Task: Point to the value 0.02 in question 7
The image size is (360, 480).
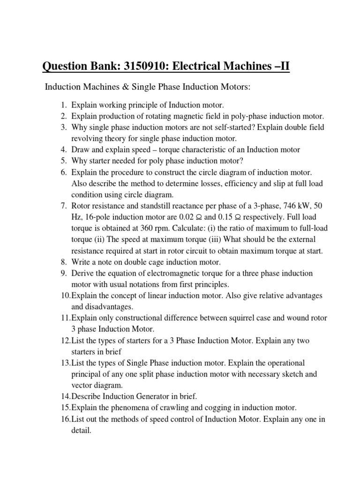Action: pyautogui.click(x=189, y=217)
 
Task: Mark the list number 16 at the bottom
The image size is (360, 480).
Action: pyautogui.click(x=65, y=419)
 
